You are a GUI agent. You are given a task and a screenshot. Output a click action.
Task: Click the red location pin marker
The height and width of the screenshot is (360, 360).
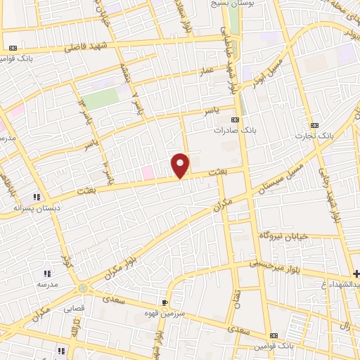click(181, 165)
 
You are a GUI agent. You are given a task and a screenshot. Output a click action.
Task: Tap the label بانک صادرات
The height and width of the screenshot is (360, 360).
click(233, 130)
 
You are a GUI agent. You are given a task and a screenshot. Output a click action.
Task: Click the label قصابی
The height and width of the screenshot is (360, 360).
click(74, 308)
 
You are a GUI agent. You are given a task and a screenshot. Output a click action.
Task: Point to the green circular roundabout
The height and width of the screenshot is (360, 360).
click(84, 288)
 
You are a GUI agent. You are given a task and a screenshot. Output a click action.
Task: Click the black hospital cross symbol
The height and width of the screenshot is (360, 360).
click(356, 273)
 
